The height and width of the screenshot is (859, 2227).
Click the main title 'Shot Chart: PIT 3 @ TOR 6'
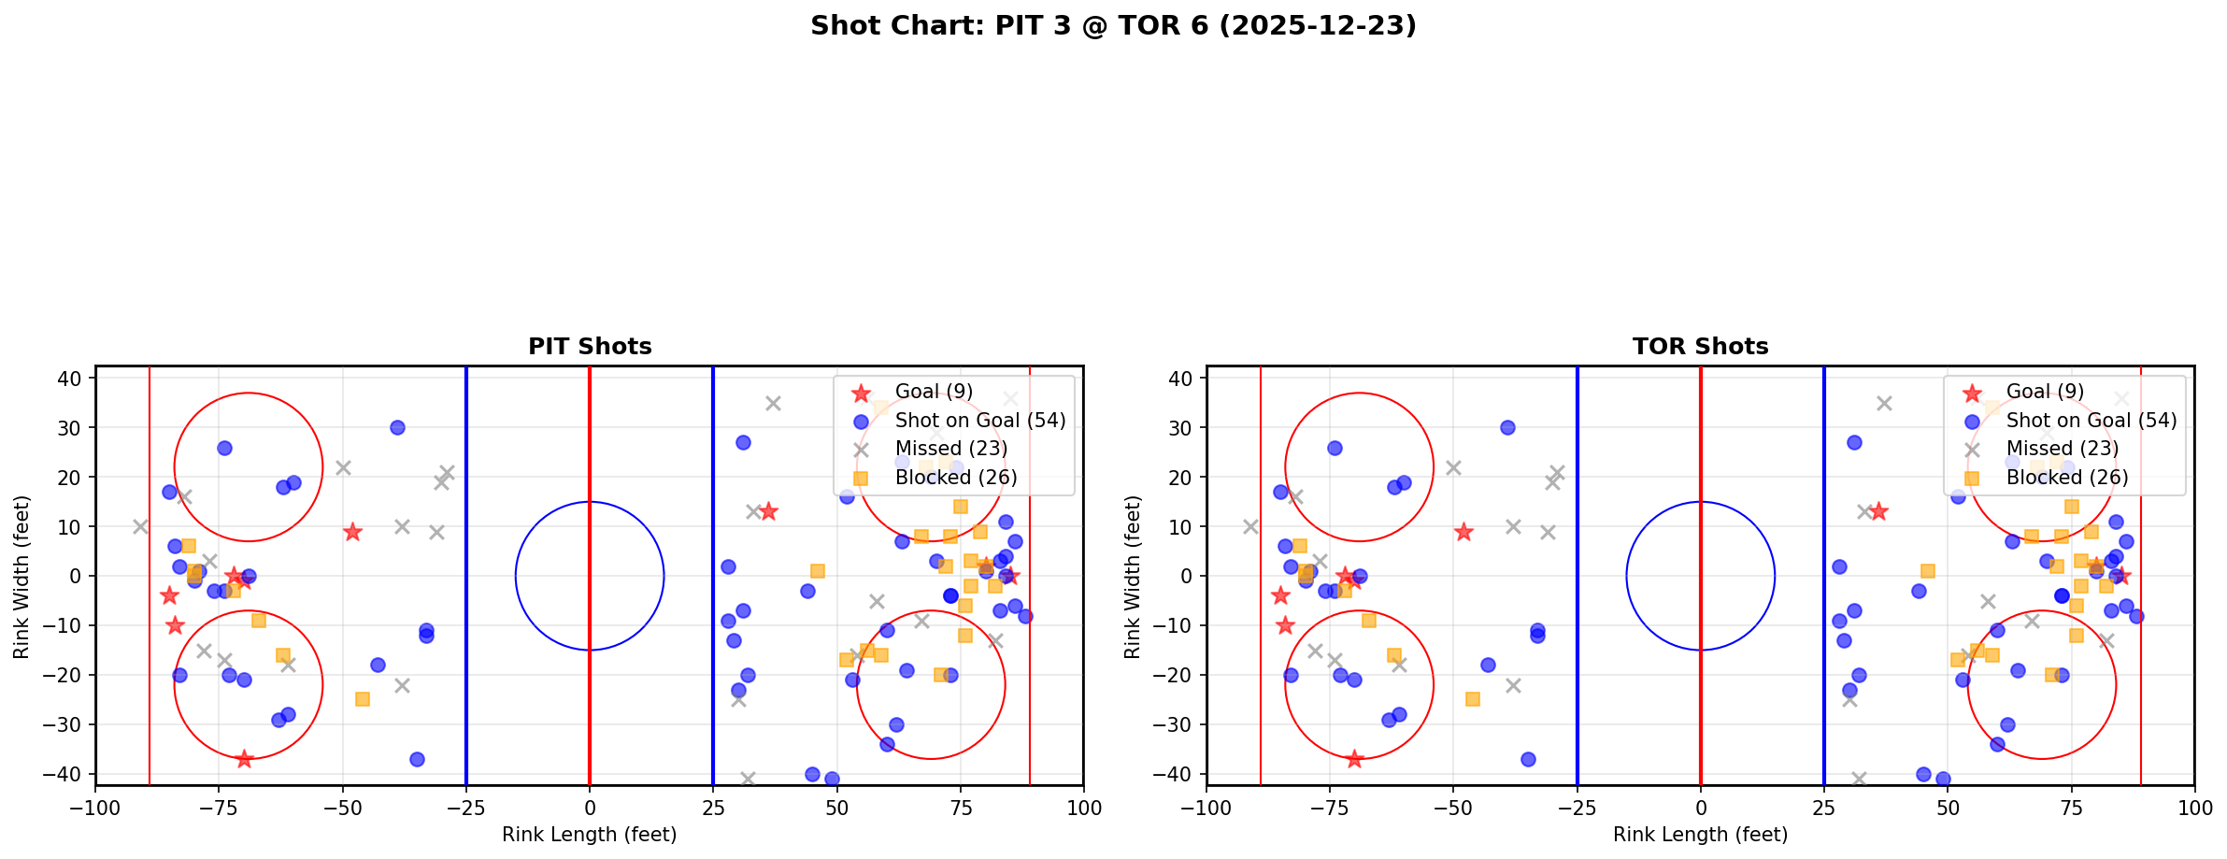tap(1113, 26)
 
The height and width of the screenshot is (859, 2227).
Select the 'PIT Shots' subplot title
tap(590, 347)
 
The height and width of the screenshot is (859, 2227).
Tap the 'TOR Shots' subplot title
tap(1700, 347)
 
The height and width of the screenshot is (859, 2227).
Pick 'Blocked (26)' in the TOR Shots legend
tap(2066, 478)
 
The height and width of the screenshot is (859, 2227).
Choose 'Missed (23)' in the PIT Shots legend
tap(950, 449)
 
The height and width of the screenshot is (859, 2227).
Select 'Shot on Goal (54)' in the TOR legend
tap(2091, 421)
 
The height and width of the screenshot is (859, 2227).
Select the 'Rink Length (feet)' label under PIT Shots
tap(590, 835)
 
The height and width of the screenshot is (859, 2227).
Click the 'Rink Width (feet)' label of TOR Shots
tap(1133, 577)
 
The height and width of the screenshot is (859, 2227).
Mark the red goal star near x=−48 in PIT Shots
tap(352, 532)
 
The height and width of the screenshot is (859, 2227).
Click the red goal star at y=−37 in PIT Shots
tap(244, 759)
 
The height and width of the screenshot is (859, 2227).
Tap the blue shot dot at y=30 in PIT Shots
tap(397, 427)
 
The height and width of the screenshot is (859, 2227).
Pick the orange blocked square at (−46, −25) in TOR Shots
tap(1473, 699)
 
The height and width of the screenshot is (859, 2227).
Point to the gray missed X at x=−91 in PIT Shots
tap(140, 526)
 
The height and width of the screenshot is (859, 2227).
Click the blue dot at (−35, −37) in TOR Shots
tap(1528, 759)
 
